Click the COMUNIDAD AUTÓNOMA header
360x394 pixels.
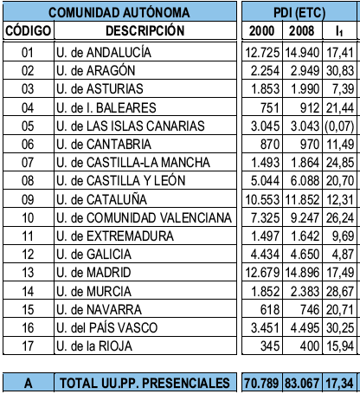[119, 13]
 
